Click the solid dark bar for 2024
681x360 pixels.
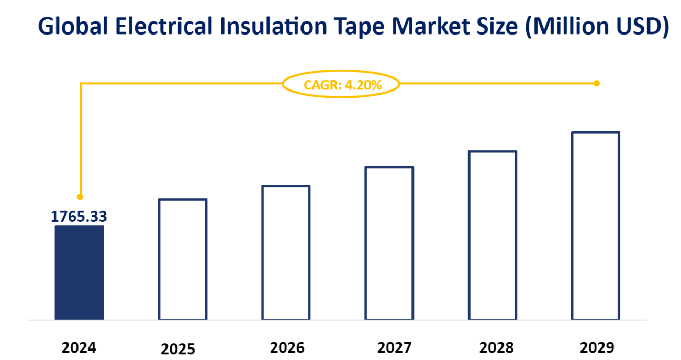point(80,273)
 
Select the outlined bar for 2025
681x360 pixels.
point(183,260)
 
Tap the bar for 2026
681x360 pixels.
point(286,253)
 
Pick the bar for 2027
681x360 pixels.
point(389,243)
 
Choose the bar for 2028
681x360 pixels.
point(493,235)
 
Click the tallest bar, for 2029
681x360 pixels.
point(596,226)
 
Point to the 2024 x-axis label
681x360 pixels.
point(80,347)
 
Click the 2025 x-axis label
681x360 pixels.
point(178,349)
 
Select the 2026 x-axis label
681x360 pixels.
point(287,347)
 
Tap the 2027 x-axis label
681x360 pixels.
point(394,347)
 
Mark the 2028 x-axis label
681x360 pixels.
point(496,347)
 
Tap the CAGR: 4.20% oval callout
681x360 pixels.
point(341,84)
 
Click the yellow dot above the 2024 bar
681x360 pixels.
point(80,197)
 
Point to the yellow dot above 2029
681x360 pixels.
point(596,83)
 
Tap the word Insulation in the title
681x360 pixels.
point(255,26)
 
